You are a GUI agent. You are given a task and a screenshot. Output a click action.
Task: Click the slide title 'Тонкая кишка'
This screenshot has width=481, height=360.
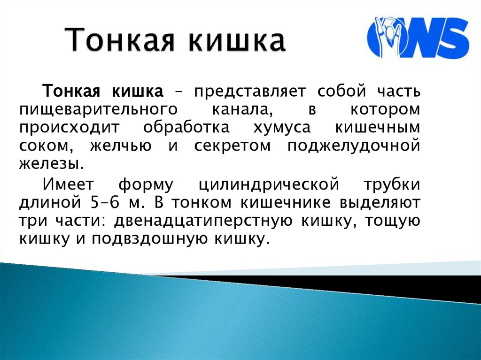[175, 40]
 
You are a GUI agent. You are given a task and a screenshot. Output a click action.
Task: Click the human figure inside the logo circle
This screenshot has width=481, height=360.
[389, 35]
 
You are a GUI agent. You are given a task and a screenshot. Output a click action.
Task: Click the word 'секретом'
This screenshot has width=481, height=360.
[233, 146]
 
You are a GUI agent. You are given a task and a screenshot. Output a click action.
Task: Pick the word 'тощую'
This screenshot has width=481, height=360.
[392, 221]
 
